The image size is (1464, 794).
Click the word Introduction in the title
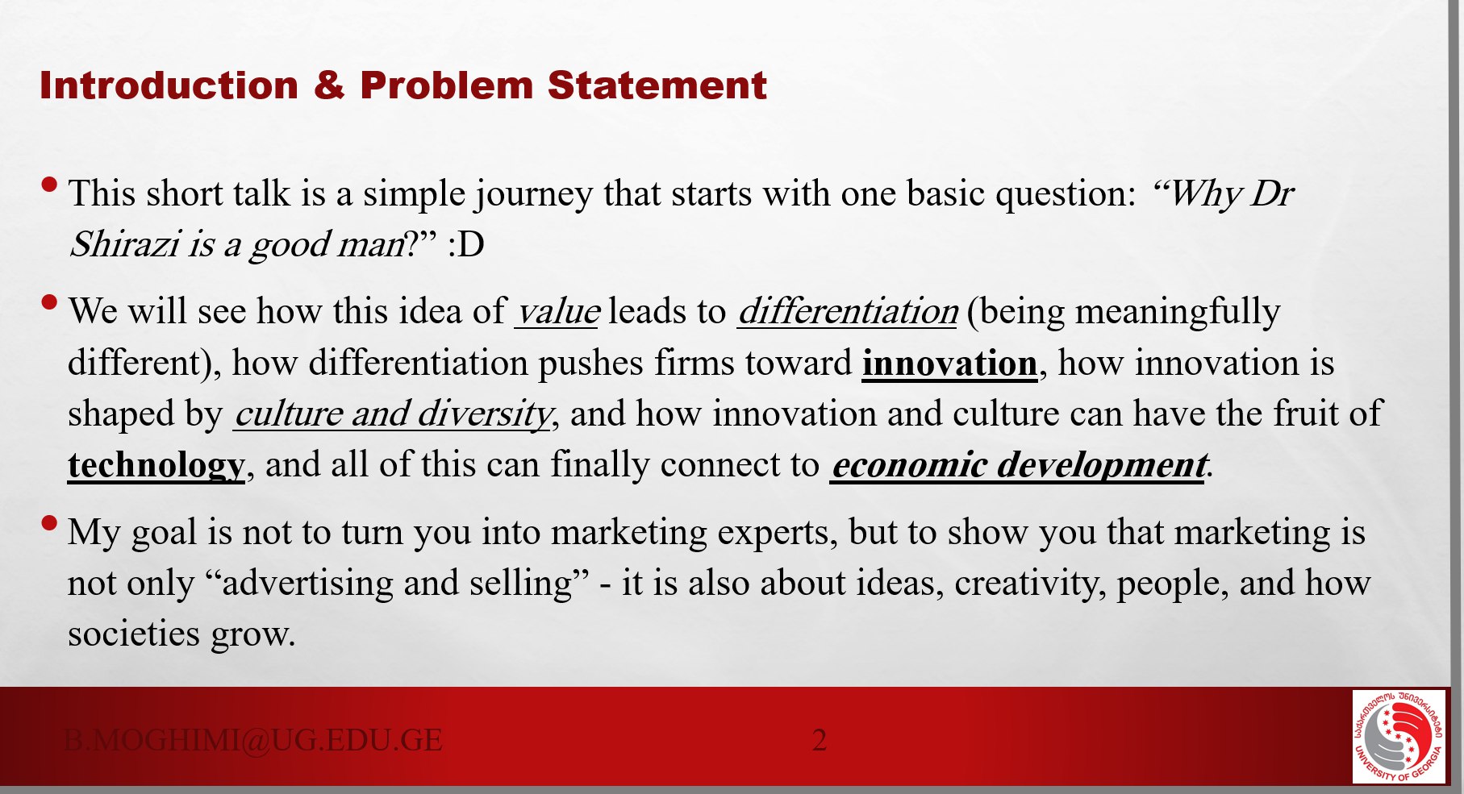point(169,85)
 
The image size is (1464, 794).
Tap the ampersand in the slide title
point(329,85)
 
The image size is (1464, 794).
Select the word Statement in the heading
point(657,85)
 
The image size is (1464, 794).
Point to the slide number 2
point(819,740)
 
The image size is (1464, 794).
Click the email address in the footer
point(253,740)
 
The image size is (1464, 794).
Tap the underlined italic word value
point(557,312)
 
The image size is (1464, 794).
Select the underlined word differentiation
point(848,312)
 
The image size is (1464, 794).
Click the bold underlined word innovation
point(949,364)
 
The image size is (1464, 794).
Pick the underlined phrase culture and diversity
point(393,414)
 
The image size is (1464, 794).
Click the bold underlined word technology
point(156,466)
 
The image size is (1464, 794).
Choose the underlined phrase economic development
point(1019,465)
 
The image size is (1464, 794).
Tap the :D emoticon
point(466,244)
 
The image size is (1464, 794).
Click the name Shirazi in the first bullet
point(124,244)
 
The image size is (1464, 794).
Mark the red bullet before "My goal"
point(49,523)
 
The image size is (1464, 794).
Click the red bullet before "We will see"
point(49,303)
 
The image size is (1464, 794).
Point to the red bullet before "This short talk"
point(49,185)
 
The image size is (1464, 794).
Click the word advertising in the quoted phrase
point(307,584)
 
